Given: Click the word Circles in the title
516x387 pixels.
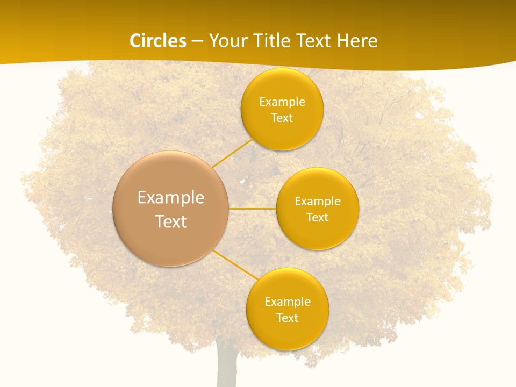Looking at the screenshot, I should tap(157, 41).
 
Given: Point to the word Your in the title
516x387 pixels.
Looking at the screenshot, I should tap(228, 41).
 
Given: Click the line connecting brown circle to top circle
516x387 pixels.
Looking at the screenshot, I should tap(233, 153).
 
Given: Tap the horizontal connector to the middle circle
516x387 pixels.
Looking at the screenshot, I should tap(253, 209).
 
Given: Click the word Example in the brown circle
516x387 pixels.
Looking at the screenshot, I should tap(171, 198).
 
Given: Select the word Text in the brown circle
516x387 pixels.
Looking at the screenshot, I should tap(171, 221).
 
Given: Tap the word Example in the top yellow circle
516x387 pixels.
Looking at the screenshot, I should tap(282, 102).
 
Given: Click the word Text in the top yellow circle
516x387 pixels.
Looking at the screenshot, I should tap(282, 118).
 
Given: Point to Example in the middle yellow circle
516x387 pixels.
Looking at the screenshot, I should tap(317, 202).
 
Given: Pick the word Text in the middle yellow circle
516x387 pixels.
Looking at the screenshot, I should tap(317, 218).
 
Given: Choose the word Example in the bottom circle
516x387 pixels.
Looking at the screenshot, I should tap(287, 302).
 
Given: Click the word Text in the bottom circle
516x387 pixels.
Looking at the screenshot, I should tap(287, 318).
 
